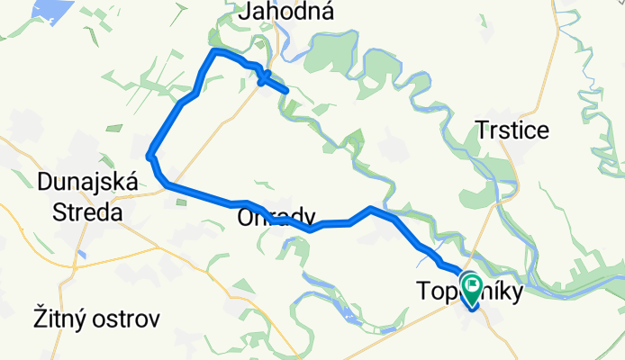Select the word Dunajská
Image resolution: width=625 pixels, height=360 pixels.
87,183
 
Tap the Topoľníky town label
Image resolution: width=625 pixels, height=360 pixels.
468,291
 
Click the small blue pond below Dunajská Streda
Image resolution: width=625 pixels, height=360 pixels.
81,255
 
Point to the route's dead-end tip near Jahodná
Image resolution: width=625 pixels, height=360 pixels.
285,92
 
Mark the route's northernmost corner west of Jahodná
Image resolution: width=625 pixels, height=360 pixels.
214,52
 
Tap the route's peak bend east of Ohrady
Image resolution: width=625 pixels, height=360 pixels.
370,210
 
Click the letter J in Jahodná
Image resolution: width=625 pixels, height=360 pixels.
245,12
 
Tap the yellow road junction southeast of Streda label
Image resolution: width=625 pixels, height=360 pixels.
128,226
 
